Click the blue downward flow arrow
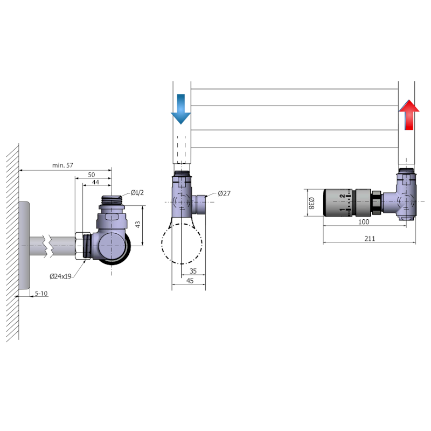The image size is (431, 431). click(180, 109)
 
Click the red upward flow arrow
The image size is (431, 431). click(409, 115)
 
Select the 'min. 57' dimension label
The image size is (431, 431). click(62, 165)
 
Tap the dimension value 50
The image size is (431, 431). click(91, 175)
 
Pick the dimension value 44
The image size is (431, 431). click(95, 183)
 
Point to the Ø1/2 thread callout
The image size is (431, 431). click(137, 193)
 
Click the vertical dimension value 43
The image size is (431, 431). click(137, 224)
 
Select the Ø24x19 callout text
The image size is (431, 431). click(60, 276)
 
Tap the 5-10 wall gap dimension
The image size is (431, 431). click(41, 294)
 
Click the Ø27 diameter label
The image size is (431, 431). click(224, 193)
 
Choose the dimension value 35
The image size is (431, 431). click(193, 272)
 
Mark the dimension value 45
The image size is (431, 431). click(190, 281)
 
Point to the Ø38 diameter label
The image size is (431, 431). click(311, 203)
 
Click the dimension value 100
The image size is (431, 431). click(364, 222)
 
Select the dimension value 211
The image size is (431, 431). click(369, 239)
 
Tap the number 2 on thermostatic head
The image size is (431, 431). click(342, 197)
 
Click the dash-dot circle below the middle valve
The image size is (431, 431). click(182, 242)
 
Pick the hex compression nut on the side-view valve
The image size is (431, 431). click(85, 246)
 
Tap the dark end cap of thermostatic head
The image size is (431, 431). click(328, 203)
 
